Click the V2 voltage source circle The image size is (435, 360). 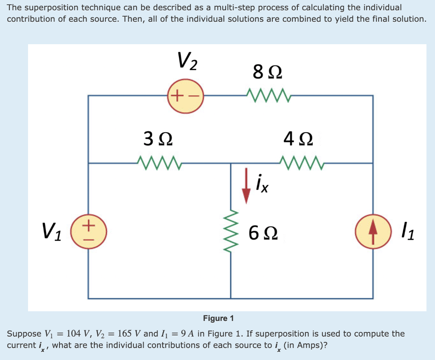point(186,96)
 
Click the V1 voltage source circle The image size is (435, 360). point(88,231)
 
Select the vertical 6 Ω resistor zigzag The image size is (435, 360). point(231,231)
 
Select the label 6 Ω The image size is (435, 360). point(263,232)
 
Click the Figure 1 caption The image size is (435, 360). point(218,318)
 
